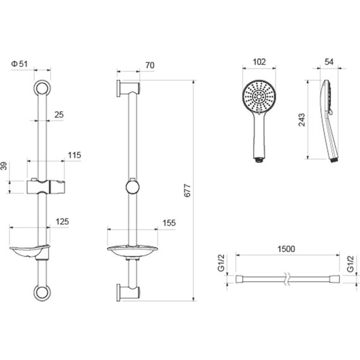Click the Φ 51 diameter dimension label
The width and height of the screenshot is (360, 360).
coord(20,64)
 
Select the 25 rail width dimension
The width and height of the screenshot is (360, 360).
coord(59,114)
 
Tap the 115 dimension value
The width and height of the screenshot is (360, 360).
coord(75,155)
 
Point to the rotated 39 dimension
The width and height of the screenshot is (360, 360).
coord(4,165)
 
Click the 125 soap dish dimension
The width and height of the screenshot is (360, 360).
coord(63,222)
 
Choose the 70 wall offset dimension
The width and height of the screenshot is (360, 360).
coord(150,66)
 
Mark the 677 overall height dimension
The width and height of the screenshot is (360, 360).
coord(188,190)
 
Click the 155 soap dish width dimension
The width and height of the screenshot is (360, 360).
coord(169,223)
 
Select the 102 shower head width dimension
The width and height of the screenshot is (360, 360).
coord(259,62)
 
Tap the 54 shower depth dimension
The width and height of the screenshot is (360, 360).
coord(329,62)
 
